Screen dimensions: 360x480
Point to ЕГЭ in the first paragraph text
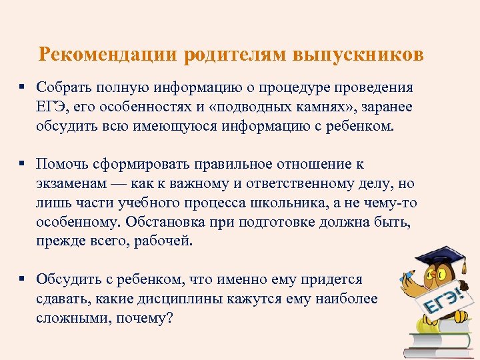[x=51, y=107]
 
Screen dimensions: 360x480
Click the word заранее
[x=385, y=107]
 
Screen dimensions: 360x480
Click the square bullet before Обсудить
[x=23, y=279]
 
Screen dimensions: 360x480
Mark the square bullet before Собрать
[x=23, y=87]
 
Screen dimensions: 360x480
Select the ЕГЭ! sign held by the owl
[x=448, y=300]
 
